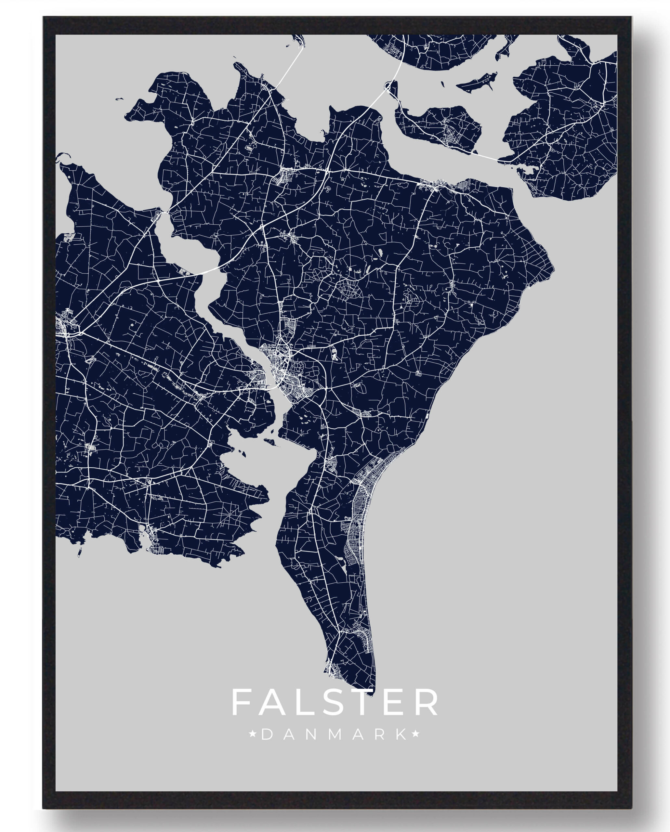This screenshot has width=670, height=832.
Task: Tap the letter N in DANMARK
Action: point(312,735)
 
